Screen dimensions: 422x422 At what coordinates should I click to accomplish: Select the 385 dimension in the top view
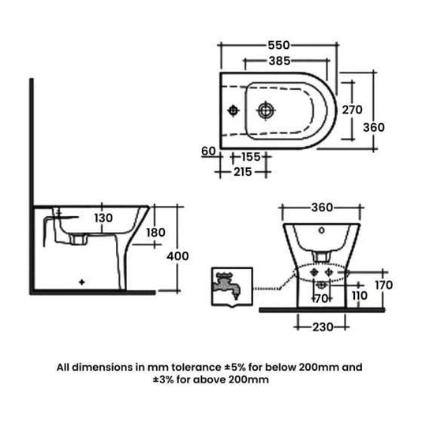(x=279, y=60)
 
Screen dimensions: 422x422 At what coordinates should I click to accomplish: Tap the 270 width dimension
(x=352, y=110)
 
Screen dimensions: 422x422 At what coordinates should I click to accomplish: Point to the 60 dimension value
(x=209, y=151)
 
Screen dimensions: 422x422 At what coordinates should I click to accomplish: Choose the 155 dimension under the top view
(x=252, y=157)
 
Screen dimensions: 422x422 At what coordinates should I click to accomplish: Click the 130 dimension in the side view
(x=103, y=218)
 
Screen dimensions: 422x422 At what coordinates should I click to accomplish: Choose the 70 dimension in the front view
(x=321, y=300)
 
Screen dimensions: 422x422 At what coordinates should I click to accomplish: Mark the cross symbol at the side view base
(x=83, y=281)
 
